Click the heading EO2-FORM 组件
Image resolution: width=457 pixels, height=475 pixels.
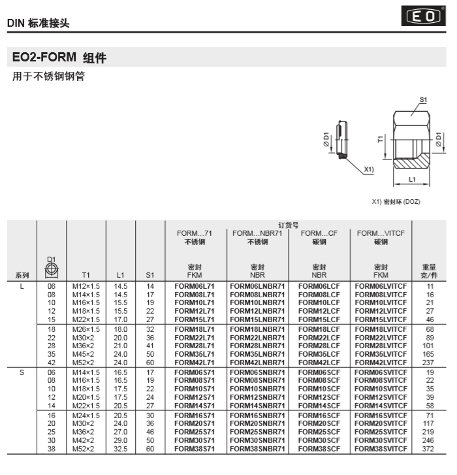point(59,57)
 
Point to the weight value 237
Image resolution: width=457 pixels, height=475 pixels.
point(430,362)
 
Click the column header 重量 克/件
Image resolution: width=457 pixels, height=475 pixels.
point(430,270)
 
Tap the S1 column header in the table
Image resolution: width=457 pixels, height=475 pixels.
point(150,275)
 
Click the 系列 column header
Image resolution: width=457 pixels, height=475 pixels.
point(22,275)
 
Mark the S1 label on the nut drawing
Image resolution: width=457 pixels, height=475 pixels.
point(422,99)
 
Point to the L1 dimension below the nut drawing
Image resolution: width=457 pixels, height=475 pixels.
point(412,178)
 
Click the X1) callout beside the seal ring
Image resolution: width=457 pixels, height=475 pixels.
point(369,169)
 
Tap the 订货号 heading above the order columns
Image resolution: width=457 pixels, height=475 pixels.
point(288,225)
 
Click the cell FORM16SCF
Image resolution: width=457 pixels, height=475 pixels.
point(319,416)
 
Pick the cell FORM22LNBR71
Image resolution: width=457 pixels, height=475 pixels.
point(257,337)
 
